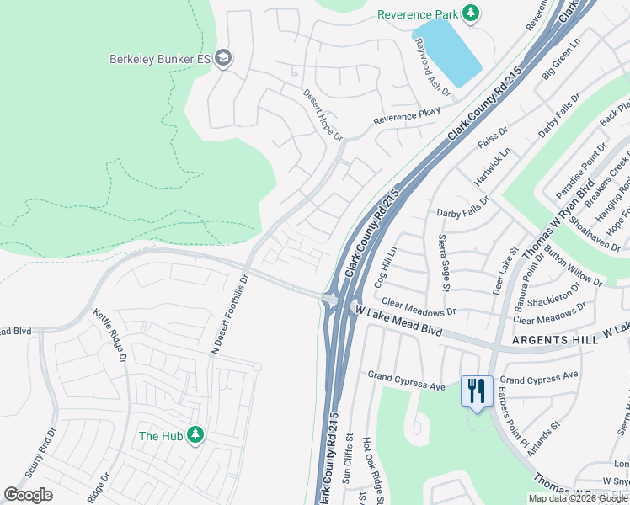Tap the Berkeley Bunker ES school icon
coord(223,58)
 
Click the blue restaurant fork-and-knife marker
coord(477,391)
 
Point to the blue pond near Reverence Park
coord(446,52)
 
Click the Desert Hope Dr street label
coord(323,114)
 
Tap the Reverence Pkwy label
coord(408,116)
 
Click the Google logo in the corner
coord(29,494)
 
